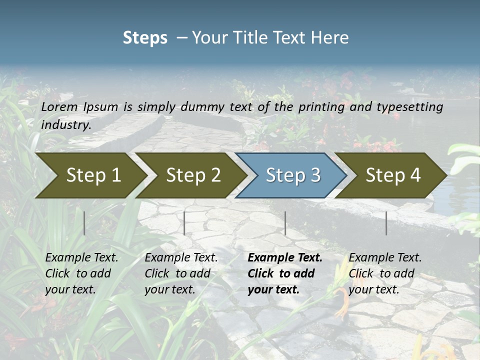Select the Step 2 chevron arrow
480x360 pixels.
(x=192, y=175)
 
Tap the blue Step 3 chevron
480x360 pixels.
(x=292, y=175)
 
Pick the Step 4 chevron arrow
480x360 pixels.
(x=392, y=175)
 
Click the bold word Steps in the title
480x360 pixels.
(x=145, y=37)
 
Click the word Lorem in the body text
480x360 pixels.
(x=59, y=106)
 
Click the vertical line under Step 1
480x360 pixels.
(x=84, y=223)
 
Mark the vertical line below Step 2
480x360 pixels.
(x=184, y=223)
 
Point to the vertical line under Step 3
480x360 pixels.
(x=285, y=223)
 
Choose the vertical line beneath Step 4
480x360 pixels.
(x=386, y=223)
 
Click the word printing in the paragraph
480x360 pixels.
(x=319, y=107)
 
